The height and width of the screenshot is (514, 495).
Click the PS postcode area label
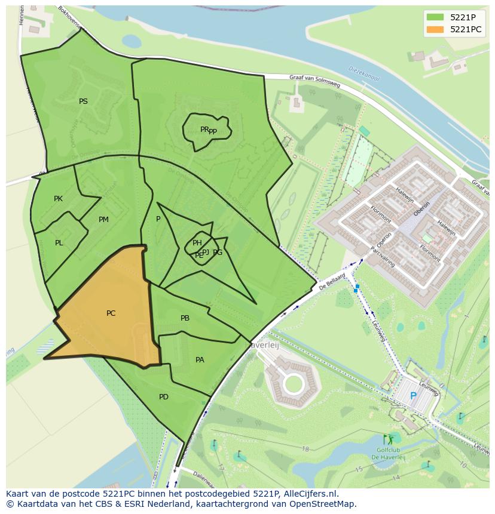click(x=83, y=101)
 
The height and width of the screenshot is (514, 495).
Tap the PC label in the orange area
click(x=111, y=313)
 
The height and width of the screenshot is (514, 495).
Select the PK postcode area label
click(x=58, y=199)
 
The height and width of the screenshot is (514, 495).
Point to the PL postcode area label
click(x=59, y=243)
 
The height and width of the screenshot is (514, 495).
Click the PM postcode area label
click(x=103, y=220)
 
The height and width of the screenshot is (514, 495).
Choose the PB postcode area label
click(x=185, y=318)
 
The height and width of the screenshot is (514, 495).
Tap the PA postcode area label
click(x=200, y=360)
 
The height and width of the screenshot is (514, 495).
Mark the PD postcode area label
click(x=163, y=397)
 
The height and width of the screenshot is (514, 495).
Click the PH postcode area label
click(x=197, y=242)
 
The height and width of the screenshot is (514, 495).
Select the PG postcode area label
click(x=218, y=253)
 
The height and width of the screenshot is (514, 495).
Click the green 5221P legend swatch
click(x=435, y=17)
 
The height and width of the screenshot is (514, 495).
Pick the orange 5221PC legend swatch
click(x=435, y=29)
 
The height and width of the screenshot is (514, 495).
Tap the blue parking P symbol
click(x=413, y=396)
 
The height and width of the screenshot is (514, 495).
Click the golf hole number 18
click(x=305, y=449)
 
